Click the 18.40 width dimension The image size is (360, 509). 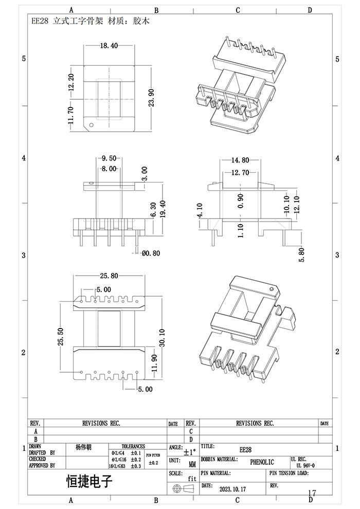pos(109,46)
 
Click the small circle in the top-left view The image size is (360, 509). pos(91,124)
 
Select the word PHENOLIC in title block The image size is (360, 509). pos(262,462)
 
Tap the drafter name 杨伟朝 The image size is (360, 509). pos(83,447)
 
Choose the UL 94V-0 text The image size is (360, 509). pos(309,464)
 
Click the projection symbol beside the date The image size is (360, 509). pos(184,488)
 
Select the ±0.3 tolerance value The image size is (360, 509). pos(136,465)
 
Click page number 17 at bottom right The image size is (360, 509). pos(312,494)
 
